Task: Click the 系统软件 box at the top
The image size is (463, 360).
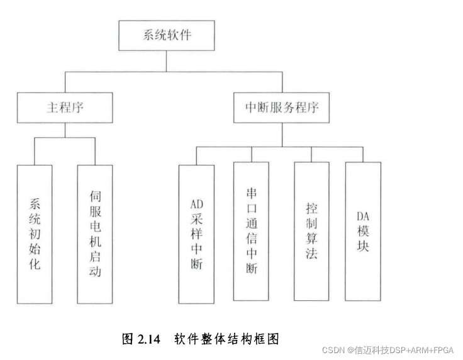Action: [x=167, y=35]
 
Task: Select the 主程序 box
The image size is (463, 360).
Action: [x=65, y=108]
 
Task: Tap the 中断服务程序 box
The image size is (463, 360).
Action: [x=281, y=108]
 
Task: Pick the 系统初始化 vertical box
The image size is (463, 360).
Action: [x=35, y=234]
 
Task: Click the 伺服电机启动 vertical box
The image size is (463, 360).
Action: [x=95, y=234]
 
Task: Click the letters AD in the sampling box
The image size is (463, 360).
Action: [x=196, y=204]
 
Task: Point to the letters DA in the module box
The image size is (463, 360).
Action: [x=363, y=217]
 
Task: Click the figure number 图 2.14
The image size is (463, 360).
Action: [x=142, y=339]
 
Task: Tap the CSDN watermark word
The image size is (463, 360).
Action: [x=332, y=350]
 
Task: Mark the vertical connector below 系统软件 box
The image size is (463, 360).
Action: [x=167, y=61]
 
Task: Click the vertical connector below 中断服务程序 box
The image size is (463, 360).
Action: [x=281, y=133]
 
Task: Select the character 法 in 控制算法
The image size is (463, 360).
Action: [x=311, y=255]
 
